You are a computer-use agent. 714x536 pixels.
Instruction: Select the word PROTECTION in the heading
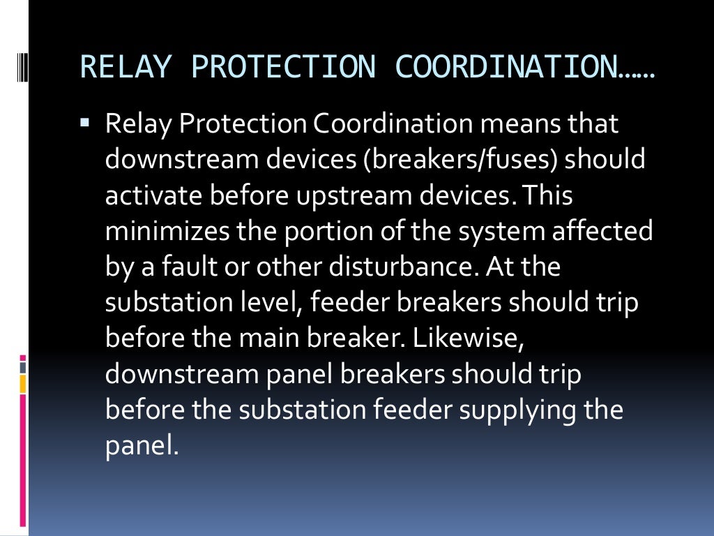coord(283,67)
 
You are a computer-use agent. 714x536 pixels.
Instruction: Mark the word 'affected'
coord(602,231)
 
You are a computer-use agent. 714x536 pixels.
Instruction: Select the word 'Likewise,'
coord(466,338)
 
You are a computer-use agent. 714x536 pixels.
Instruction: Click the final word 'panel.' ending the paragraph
coord(142,445)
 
